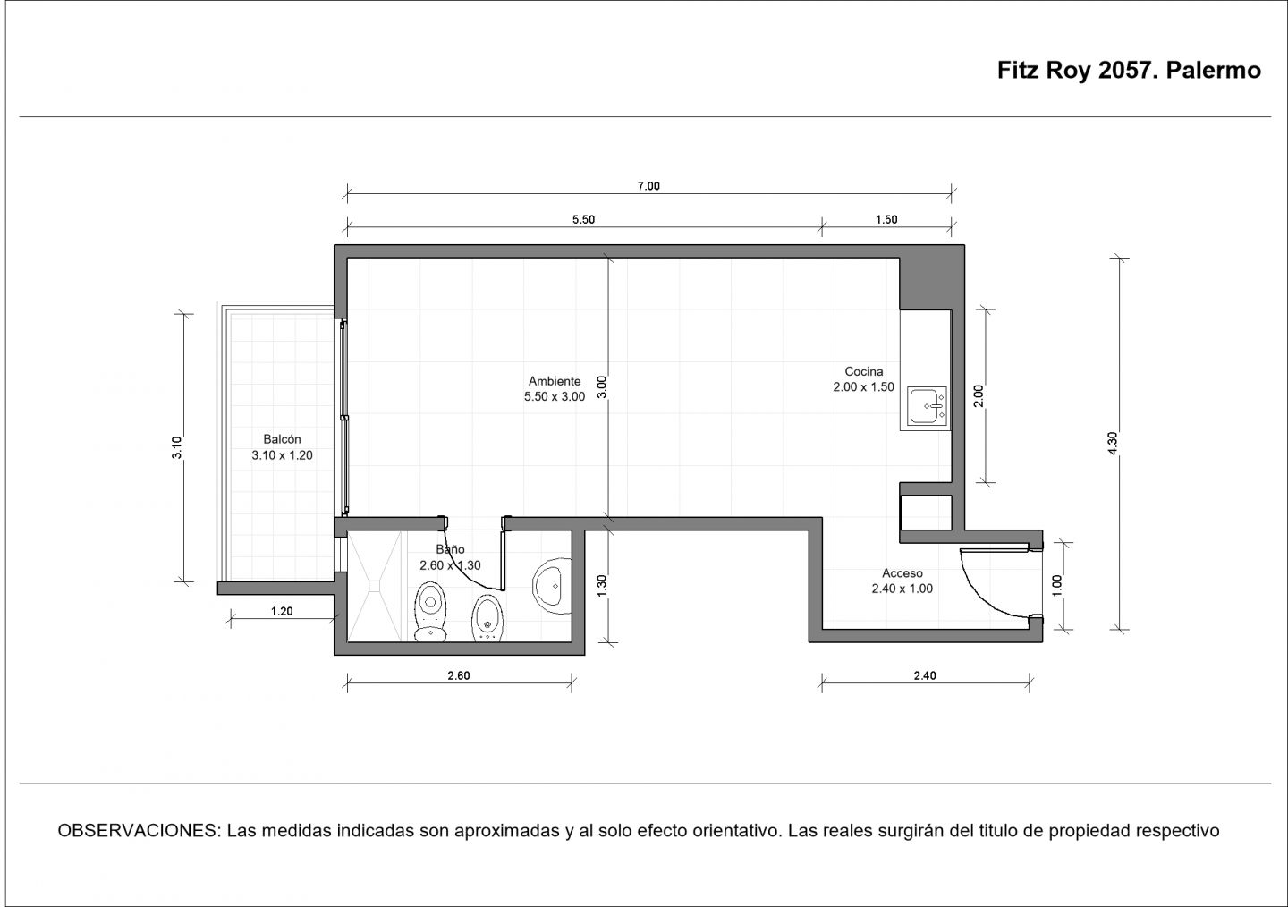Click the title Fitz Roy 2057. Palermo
coord(1129,70)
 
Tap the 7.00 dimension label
coord(648,186)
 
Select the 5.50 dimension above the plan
coord(583,219)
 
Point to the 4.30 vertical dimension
coord(1112,443)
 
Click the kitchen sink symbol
coord(927,406)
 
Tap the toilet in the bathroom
coord(430,612)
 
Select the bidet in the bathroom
coord(487,618)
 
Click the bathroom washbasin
coord(552,586)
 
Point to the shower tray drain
coord(375,586)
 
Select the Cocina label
coord(864,371)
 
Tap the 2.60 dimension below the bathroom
coord(458,675)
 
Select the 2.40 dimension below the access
coord(925,675)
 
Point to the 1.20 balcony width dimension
coord(282,611)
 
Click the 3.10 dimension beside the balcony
coord(176,447)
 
